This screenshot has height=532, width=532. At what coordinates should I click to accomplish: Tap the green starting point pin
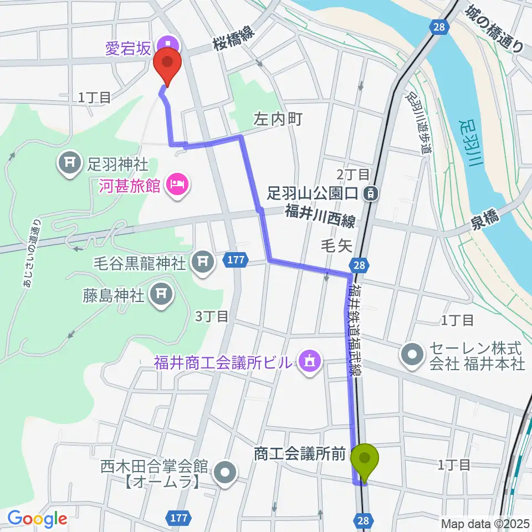[365, 458]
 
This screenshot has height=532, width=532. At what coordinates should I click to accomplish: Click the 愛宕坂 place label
[127, 49]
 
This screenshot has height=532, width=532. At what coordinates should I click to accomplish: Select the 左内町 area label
[278, 118]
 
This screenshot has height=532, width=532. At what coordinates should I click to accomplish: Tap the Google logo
[37, 518]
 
